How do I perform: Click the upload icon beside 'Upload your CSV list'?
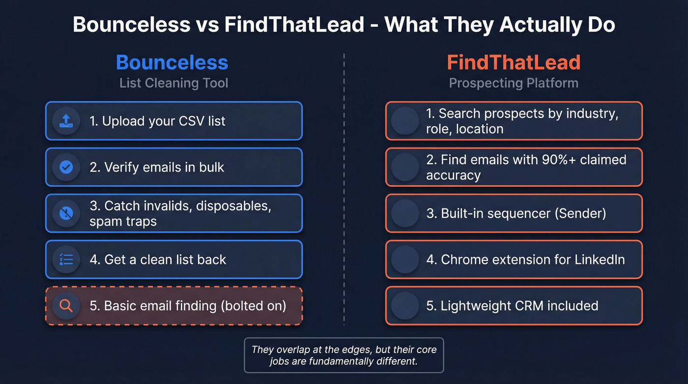click(x=66, y=121)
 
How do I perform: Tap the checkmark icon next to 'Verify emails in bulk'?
click(x=66, y=167)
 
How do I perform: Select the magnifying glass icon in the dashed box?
click(x=66, y=306)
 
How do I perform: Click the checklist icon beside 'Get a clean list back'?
click(x=66, y=260)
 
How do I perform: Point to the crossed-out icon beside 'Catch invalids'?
click(x=66, y=213)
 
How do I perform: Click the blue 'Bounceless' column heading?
click(x=172, y=62)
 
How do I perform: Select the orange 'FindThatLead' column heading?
click(x=514, y=62)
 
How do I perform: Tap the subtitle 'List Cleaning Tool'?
click(x=173, y=83)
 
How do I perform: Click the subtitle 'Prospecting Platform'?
click(x=514, y=83)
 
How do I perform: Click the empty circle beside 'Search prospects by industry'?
click(x=405, y=121)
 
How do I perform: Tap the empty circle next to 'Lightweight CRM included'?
click(x=405, y=306)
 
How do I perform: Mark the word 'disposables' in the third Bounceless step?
click(x=233, y=206)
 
